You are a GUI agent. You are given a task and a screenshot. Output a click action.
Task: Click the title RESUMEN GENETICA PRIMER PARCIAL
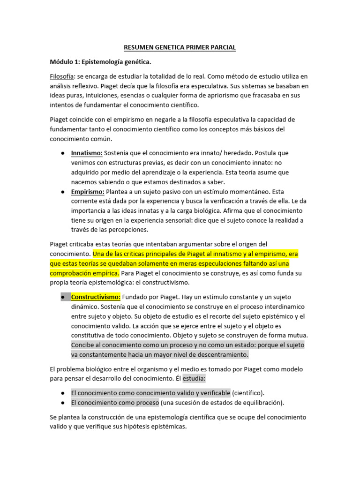pyautogui.click(x=180, y=47)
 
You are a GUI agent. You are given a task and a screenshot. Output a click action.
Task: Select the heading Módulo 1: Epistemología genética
pyautogui.click(x=101, y=62)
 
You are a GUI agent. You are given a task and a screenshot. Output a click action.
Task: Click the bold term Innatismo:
pyautogui.click(x=87, y=153)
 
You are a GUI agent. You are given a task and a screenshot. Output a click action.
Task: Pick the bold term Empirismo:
pyautogui.click(x=88, y=191)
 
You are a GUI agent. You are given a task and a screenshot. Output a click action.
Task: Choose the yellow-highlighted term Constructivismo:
pyautogui.click(x=96, y=297)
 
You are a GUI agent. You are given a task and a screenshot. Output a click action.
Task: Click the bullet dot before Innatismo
pyautogui.click(x=63, y=153)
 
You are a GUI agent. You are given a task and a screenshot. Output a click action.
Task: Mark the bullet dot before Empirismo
pyautogui.click(x=63, y=192)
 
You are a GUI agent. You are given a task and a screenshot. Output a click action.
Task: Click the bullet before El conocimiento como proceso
pyautogui.click(x=63, y=403)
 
